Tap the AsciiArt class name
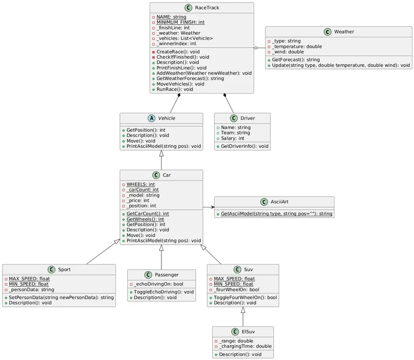(x=282, y=201)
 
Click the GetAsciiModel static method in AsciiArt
(x=277, y=214)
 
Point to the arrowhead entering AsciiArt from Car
(x=212, y=207)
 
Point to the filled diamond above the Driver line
(x=226, y=96)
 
